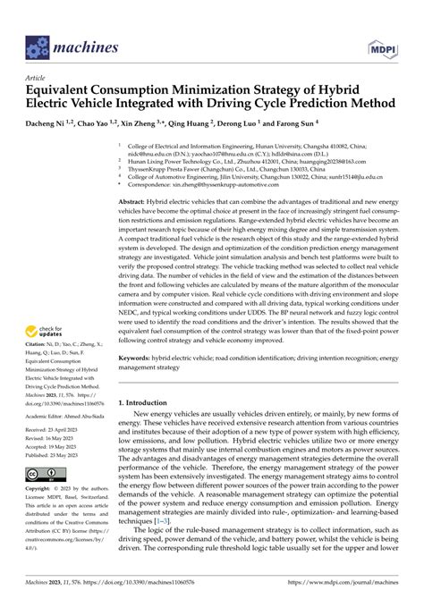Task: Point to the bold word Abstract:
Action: click(136, 205)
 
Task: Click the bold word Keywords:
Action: click(139, 382)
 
